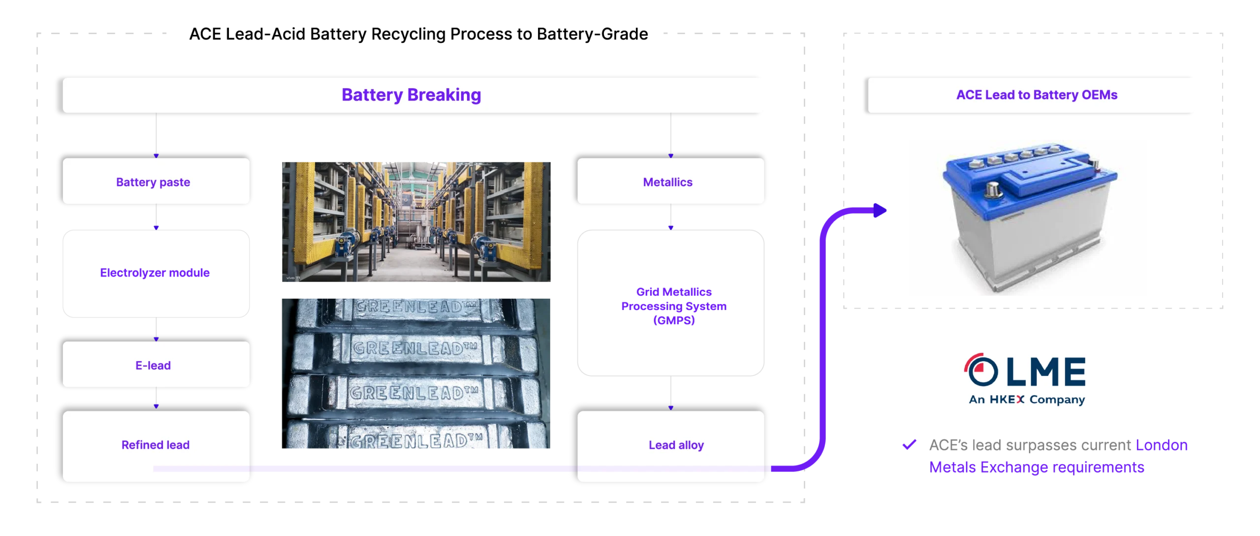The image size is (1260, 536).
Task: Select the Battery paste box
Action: (156, 181)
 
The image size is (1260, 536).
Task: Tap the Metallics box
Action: (670, 181)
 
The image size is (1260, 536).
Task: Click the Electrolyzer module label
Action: (156, 273)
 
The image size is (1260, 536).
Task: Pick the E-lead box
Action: (156, 365)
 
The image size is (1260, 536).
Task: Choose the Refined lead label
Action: (156, 445)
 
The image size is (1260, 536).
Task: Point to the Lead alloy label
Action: (676, 445)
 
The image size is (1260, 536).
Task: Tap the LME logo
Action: (1027, 378)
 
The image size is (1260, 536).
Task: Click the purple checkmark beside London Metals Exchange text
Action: (909, 444)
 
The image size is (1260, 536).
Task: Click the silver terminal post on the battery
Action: (992, 189)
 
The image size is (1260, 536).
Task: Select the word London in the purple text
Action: (1162, 445)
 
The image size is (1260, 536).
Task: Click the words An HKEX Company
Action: (1027, 400)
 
